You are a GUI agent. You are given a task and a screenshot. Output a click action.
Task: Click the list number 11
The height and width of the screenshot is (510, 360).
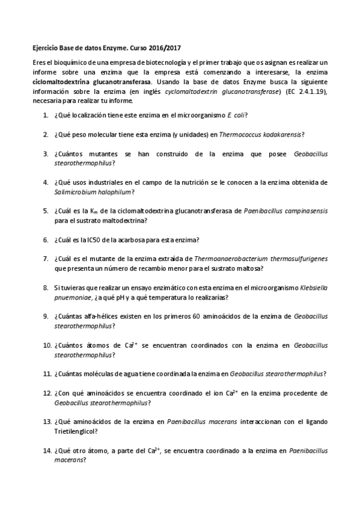46,373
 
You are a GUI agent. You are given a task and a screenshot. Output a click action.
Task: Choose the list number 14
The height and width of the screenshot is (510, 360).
46,450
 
